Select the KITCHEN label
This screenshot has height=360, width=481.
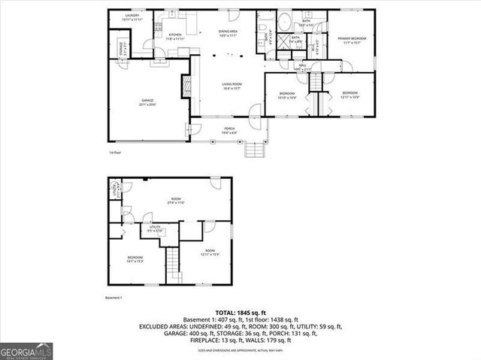click(x=174, y=35)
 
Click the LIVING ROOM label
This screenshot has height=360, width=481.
click(x=231, y=84)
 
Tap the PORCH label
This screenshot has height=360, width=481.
click(x=229, y=129)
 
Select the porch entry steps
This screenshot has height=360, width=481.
click(x=256, y=150)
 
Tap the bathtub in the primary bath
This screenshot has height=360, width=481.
click(x=286, y=22)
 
